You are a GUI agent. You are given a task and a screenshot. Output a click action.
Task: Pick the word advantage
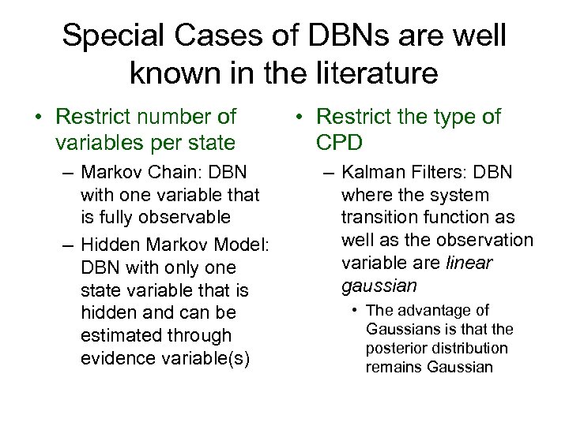435,310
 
